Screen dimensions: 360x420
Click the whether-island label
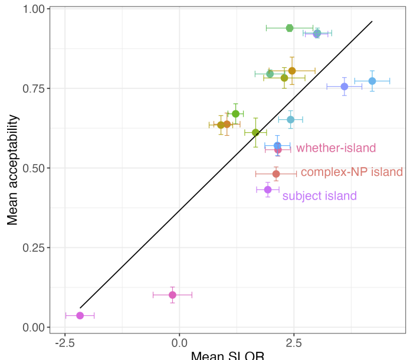tap(336, 148)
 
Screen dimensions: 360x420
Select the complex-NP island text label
tap(352, 172)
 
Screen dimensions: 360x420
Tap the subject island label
tap(319, 196)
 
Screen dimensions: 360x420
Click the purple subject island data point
tap(268, 189)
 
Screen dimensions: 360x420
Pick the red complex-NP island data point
tap(276, 174)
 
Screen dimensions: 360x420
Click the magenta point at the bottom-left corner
tap(80, 315)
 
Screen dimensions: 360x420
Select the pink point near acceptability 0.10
tap(172, 294)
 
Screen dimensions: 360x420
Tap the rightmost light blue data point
tap(372, 81)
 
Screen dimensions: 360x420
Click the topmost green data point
tap(290, 28)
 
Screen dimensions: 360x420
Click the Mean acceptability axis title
tap(13, 169)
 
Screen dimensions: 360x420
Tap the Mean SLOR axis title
tap(227, 355)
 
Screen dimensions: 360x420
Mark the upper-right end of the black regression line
tap(372, 21)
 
